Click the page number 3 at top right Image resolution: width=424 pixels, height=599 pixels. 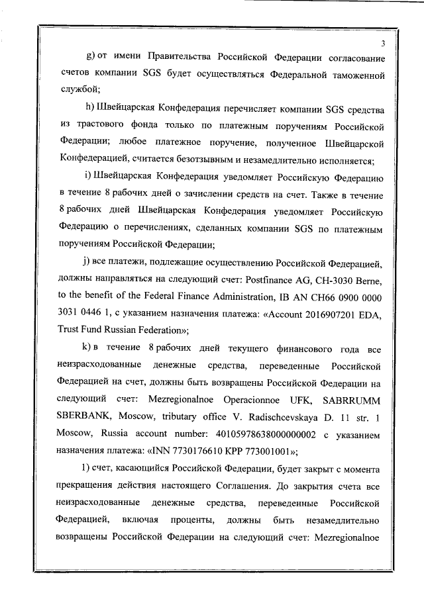point(384,44)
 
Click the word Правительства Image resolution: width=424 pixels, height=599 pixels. point(178,58)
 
